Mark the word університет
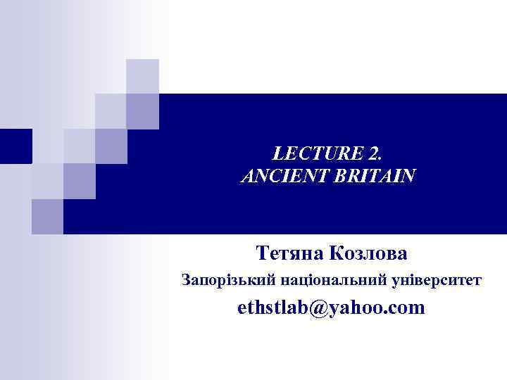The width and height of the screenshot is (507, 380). (438, 281)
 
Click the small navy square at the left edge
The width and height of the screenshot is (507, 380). (15, 146)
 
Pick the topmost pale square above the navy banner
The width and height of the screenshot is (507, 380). (142, 76)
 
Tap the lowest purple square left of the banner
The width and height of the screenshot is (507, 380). (47, 215)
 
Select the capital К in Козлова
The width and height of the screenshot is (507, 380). (336, 252)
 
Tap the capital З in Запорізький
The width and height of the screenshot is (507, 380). (185, 281)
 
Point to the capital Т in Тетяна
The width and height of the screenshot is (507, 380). (262, 252)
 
